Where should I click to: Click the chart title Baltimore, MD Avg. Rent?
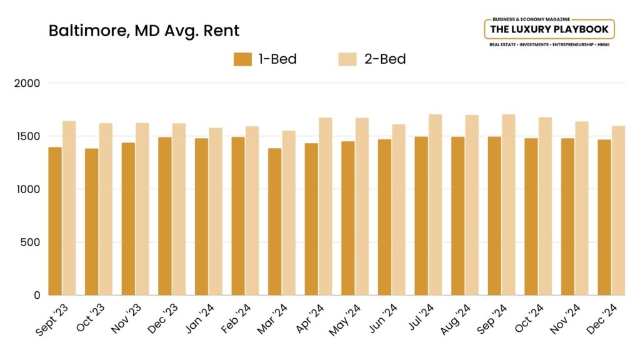click(x=144, y=31)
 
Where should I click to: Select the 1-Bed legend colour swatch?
click(x=242, y=59)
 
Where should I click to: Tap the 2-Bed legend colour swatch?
click(x=347, y=59)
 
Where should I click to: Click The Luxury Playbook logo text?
click(x=549, y=29)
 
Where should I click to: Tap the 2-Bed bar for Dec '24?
click(x=618, y=210)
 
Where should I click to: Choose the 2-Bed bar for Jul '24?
click(x=435, y=204)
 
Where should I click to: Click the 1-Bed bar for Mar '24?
click(x=275, y=221)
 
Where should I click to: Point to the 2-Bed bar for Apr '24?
click(x=325, y=206)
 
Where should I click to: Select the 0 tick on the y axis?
click(x=38, y=295)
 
